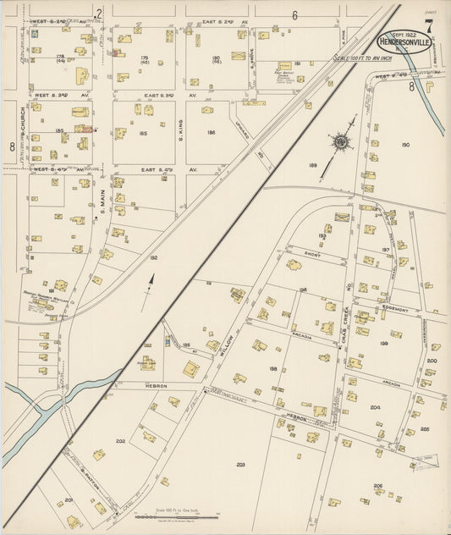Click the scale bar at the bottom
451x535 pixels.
point(185,516)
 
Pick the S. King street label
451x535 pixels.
point(179,126)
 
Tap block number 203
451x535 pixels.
point(240,465)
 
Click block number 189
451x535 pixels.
point(313,165)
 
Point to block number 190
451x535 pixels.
point(405,145)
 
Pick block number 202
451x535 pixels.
point(120,440)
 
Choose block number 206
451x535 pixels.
point(377,485)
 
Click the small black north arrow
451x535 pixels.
point(152,282)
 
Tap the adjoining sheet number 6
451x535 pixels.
point(295,14)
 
